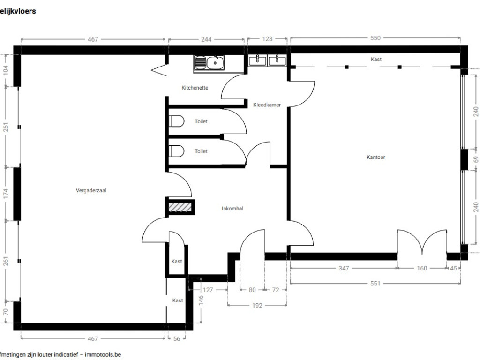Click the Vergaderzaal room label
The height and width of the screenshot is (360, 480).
click(91, 190)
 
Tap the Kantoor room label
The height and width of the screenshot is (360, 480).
click(376, 157)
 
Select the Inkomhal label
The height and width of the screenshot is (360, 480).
click(232, 209)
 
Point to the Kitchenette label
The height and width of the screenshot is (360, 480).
click(195, 88)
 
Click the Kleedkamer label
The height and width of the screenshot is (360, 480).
click(267, 105)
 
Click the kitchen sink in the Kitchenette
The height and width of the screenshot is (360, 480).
click(209, 63)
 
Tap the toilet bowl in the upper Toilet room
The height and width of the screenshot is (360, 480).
click(177, 121)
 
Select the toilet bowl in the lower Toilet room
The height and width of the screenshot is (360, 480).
click(177, 151)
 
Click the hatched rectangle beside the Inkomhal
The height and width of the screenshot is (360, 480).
click(180, 207)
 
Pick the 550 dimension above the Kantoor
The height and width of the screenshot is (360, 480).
click(375, 38)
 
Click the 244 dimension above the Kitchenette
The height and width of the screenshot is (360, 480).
click(206, 39)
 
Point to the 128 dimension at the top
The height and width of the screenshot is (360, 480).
click(267, 39)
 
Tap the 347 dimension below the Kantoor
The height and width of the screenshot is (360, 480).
click(344, 268)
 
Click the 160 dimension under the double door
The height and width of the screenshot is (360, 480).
click(422, 268)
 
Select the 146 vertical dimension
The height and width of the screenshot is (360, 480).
click(201, 300)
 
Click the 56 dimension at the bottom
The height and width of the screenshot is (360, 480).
click(177, 338)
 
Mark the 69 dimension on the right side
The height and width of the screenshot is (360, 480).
click(476, 159)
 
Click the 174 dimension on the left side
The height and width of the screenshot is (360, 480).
click(6, 194)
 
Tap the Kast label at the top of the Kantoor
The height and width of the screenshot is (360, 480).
click(376, 59)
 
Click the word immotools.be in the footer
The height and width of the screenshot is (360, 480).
click(103, 354)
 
